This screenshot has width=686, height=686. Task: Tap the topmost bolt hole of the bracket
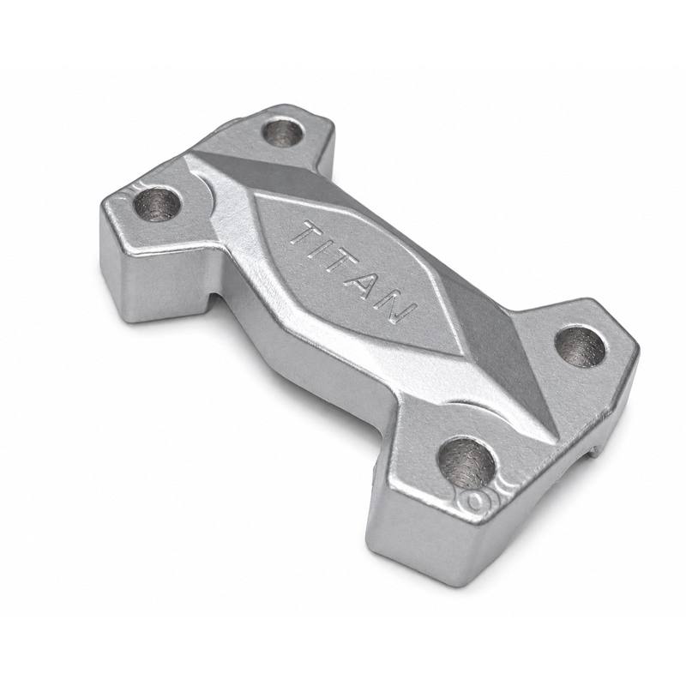point(284,132)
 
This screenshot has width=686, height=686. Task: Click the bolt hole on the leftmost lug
point(157,204)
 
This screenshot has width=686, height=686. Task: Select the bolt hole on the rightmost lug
point(581,345)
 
